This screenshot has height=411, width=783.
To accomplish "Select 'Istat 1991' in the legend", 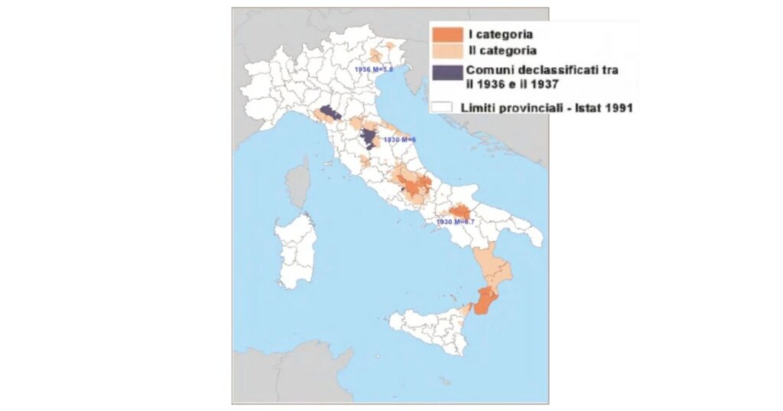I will click(x=604, y=108).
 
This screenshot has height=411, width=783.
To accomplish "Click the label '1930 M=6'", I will click(x=399, y=140).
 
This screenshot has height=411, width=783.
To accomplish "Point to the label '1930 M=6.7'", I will click(x=455, y=222).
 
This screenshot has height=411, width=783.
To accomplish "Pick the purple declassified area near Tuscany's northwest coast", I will click(x=330, y=114).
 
